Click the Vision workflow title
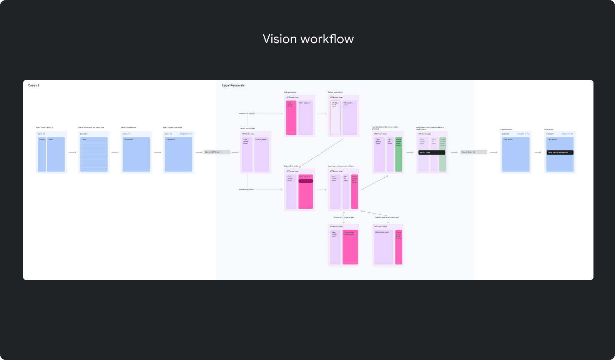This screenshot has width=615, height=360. click(x=308, y=39)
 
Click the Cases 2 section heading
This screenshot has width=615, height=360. click(x=33, y=85)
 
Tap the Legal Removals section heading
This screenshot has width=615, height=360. click(x=233, y=85)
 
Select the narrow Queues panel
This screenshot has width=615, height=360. click(x=42, y=154)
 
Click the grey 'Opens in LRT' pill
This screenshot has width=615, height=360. click(x=217, y=152)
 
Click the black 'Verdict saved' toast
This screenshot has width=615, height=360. click(x=431, y=153)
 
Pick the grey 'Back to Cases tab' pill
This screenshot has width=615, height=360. click(x=474, y=152)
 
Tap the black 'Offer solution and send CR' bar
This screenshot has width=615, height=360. click(x=560, y=153)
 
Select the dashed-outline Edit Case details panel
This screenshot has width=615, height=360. click(x=335, y=118)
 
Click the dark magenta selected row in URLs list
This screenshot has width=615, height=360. click(x=306, y=181)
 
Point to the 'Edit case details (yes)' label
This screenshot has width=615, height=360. click(x=247, y=114)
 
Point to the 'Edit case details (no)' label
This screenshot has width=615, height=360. click(x=246, y=190)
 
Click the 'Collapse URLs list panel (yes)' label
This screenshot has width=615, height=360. click(x=343, y=217)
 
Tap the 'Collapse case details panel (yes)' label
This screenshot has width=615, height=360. click(x=387, y=217)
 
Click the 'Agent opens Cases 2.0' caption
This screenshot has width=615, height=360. click(x=44, y=127)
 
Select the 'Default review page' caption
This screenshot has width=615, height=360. click(x=247, y=128)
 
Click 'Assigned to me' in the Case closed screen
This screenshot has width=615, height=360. click(x=567, y=134)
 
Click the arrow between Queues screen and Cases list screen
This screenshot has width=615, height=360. click(x=73, y=152)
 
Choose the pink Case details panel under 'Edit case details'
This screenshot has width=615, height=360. click(x=291, y=118)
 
